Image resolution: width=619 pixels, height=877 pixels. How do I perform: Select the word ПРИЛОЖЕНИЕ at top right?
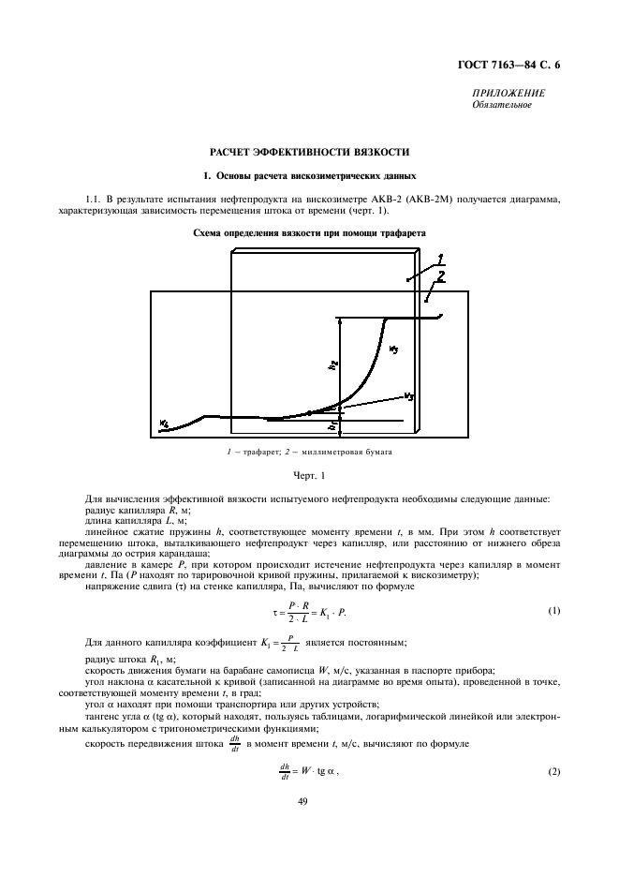[509, 95]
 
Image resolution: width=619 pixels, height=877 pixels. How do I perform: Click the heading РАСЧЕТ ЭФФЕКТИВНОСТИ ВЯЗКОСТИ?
[309, 151]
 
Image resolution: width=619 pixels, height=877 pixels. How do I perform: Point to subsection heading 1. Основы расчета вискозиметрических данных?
[309, 176]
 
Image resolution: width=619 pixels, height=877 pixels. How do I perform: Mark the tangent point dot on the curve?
[310, 411]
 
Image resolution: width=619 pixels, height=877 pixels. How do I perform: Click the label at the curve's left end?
[164, 423]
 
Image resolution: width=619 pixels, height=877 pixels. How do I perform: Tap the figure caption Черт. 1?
[309, 476]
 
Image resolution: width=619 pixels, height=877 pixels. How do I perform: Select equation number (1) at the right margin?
[553, 611]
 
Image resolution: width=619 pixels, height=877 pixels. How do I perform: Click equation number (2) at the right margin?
[553, 770]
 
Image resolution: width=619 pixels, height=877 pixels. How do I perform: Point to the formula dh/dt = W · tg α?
[304, 770]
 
